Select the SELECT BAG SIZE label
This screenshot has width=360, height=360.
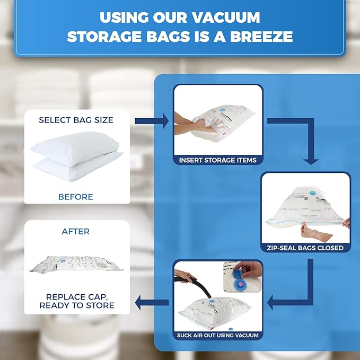(x=76, y=120)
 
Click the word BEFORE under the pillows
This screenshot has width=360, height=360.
(x=76, y=197)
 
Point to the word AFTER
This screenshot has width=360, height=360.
(x=76, y=231)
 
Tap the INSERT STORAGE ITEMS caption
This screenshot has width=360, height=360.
(x=217, y=160)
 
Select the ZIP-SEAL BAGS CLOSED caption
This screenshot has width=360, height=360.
(x=305, y=248)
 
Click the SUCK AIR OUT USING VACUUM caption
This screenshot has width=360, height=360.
(x=218, y=335)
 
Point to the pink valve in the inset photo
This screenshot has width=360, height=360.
(x=239, y=284)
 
